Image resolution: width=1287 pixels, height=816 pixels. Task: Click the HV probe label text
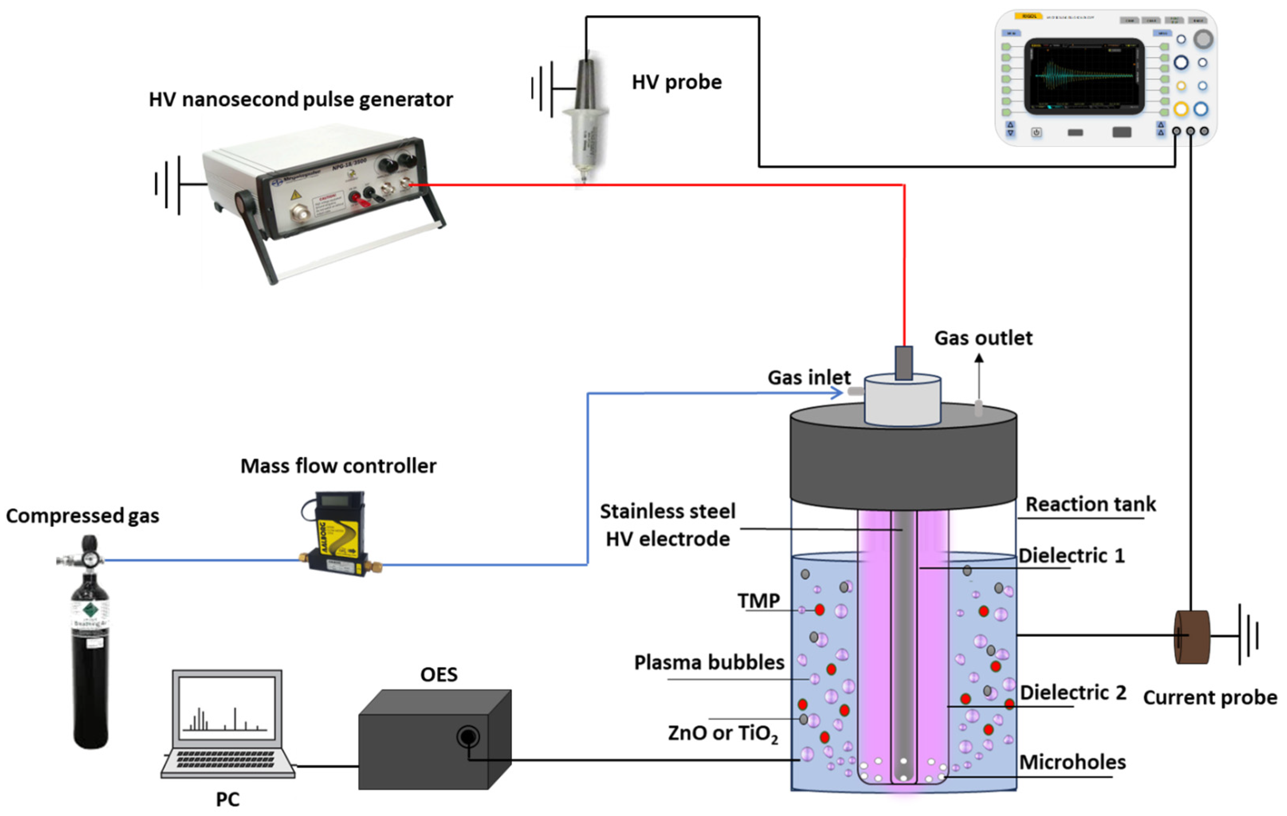[676, 82]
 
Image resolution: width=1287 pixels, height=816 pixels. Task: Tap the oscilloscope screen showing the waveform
[1084, 75]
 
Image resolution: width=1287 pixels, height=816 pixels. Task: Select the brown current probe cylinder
[1191, 637]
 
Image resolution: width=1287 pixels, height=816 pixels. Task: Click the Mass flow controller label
[338, 466]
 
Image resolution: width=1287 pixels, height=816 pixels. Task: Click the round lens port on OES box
[468, 738]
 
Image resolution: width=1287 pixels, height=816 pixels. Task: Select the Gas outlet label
[983, 338]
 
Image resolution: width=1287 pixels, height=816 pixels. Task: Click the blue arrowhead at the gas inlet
[836, 393]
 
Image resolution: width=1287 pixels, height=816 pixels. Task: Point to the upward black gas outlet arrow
[979, 374]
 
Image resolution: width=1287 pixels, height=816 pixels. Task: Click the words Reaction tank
[1090, 504]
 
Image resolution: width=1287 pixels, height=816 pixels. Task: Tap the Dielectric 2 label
[1073, 692]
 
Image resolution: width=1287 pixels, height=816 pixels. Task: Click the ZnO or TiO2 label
[723, 733]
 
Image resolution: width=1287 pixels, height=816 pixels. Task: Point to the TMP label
[758, 600]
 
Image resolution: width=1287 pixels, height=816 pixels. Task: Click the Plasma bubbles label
[709, 663]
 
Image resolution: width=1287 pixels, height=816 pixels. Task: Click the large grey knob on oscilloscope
[1203, 39]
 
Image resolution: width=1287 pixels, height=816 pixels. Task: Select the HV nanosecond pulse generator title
[300, 99]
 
